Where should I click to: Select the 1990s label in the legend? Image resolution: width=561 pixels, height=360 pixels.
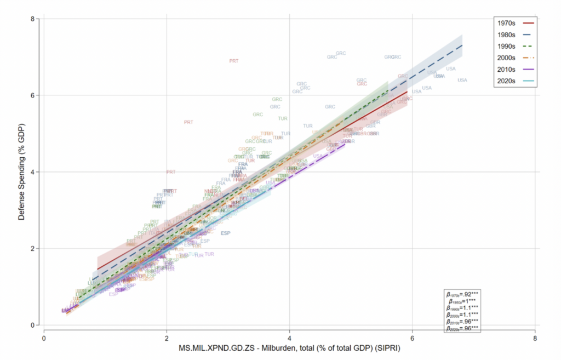[x=505, y=46]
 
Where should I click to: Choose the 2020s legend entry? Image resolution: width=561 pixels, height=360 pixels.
[x=505, y=81]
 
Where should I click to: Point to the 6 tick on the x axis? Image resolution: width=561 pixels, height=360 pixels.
[x=413, y=338]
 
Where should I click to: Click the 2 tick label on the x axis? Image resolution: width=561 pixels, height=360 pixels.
[x=167, y=338]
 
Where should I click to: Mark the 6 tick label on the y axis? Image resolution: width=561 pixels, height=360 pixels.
[x=33, y=95]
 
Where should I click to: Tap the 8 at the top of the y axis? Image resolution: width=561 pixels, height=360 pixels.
[x=33, y=19]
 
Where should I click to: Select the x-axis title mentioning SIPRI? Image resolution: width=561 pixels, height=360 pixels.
[x=289, y=348]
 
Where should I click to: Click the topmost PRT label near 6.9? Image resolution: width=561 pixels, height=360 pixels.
[x=234, y=61]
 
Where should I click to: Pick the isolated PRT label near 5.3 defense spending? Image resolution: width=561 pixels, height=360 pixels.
[x=188, y=122]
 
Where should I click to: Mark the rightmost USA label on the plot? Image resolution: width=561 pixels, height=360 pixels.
[x=462, y=81]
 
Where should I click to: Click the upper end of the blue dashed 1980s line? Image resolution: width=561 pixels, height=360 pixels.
[x=462, y=45]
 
